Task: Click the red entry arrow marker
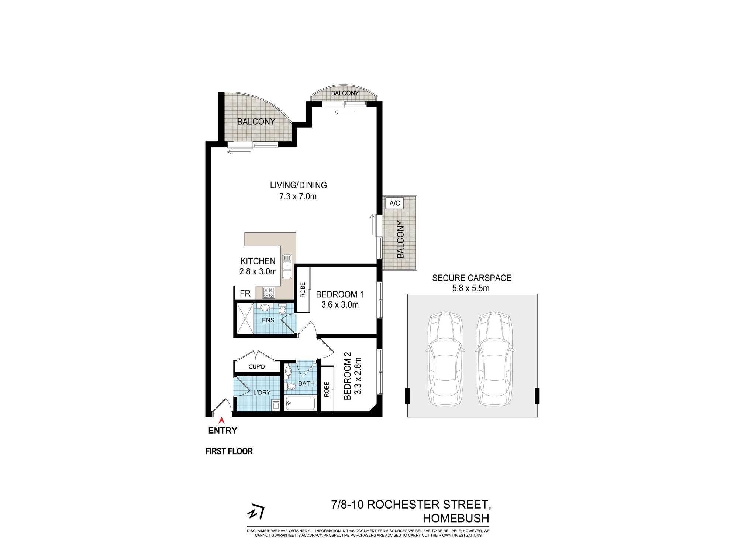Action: pyautogui.click(x=221, y=420)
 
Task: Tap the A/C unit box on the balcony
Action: pyautogui.click(x=394, y=203)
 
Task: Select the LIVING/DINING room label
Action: pyautogui.click(x=298, y=185)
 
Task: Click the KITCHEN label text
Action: pyautogui.click(x=258, y=261)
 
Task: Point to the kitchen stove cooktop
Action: pyautogui.click(x=268, y=293)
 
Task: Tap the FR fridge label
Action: pyautogui.click(x=245, y=293)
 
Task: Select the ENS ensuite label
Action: pyautogui.click(x=268, y=320)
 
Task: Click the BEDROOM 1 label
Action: pyautogui.click(x=339, y=294)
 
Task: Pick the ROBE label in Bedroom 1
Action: pyautogui.click(x=303, y=290)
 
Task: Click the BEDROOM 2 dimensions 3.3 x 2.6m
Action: pyautogui.click(x=358, y=376)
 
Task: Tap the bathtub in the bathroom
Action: pyautogui.click(x=300, y=403)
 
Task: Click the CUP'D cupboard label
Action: pyautogui.click(x=256, y=367)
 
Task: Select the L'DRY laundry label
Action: pyautogui.click(x=262, y=393)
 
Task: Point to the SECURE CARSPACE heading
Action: pyautogui.click(x=472, y=278)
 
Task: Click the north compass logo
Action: pyautogui.click(x=256, y=512)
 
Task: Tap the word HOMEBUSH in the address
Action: pyautogui.click(x=456, y=519)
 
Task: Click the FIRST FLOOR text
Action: pyautogui.click(x=229, y=451)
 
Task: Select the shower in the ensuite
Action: pyautogui.click(x=245, y=318)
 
